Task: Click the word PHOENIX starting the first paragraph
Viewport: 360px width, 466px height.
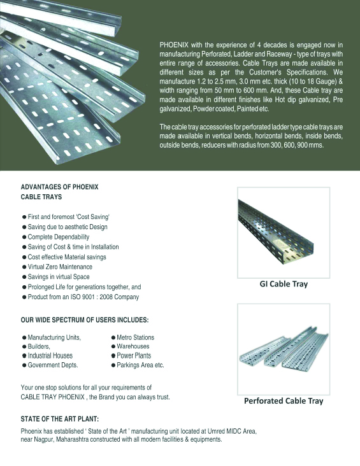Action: (174, 44)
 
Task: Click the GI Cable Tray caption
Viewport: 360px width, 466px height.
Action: (283, 283)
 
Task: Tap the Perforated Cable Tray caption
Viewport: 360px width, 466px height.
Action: (283, 400)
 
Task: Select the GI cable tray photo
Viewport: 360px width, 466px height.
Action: (283, 232)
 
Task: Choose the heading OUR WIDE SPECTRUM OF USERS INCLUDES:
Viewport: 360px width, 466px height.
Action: (85, 320)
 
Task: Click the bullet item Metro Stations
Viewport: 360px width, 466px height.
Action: (135, 337)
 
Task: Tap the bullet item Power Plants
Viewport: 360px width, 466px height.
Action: (134, 356)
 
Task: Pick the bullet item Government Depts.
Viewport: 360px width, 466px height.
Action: (53, 365)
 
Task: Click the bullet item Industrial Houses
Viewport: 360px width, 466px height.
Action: (50, 356)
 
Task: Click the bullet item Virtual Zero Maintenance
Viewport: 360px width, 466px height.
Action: (60, 267)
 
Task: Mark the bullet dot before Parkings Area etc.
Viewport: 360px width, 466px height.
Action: (113, 365)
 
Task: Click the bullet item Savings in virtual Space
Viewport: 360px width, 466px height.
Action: (60, 277)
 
